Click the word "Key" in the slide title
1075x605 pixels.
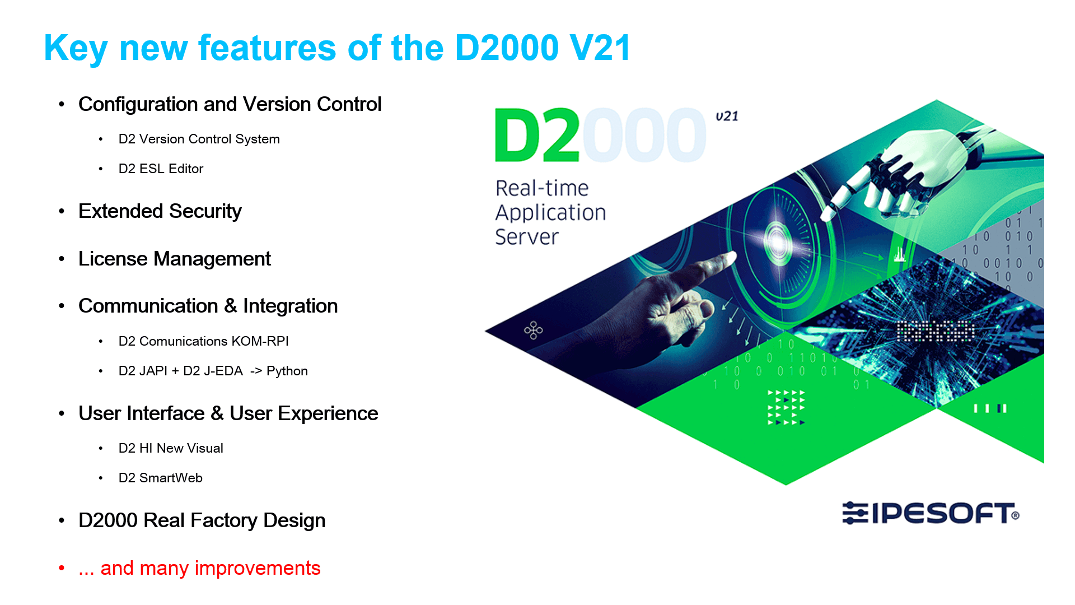pyautogui.click(x=76, y=49)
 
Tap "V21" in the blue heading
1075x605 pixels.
pyautogui.click(x=600, y=48)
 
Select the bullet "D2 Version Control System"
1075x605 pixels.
pyautogui.click(x=199, y=139)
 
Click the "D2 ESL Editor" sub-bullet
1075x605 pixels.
pyautogui.click(x=161, y=169)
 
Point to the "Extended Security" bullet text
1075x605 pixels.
pyautogui.click(x=160, y=211)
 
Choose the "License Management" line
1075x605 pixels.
pyautogui.click(x=175, y=259)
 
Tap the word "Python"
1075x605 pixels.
pyautogui.click(x=287, y=371)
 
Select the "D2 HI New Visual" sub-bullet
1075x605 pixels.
pyautogui.click(x=171, y=448)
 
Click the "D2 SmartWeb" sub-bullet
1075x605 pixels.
pyautogui.click(x=160, y=478)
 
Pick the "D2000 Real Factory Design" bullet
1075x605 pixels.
pyautogui.click(x=202, y=520)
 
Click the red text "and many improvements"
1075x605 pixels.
pyautogui.click(x=211, y=568)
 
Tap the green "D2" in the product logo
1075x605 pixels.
pyautogui.click(x=537, y=136)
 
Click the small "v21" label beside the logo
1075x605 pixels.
pyautogui.click(x=727, y=116)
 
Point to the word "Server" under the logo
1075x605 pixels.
pyautogui.click(x=527, y=237)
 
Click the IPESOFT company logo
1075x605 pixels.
pyautogui.click(x=931, y=513)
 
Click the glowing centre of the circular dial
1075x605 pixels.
pyautogui.click(x=778, y=240)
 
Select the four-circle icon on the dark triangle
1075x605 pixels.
pyautogui.click(x=533, y=330)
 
